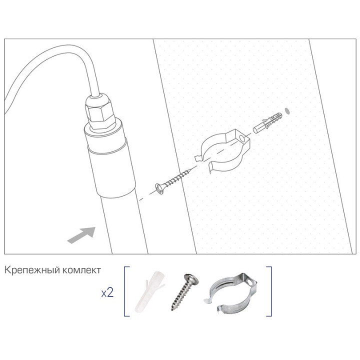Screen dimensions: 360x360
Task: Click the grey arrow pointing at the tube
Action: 81,234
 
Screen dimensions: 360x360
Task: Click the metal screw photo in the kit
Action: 183,292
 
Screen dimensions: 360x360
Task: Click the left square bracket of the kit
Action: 125,291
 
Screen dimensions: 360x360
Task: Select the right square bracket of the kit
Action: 269,291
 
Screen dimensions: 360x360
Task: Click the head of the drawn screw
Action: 160,188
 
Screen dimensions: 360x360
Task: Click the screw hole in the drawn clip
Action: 241,137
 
